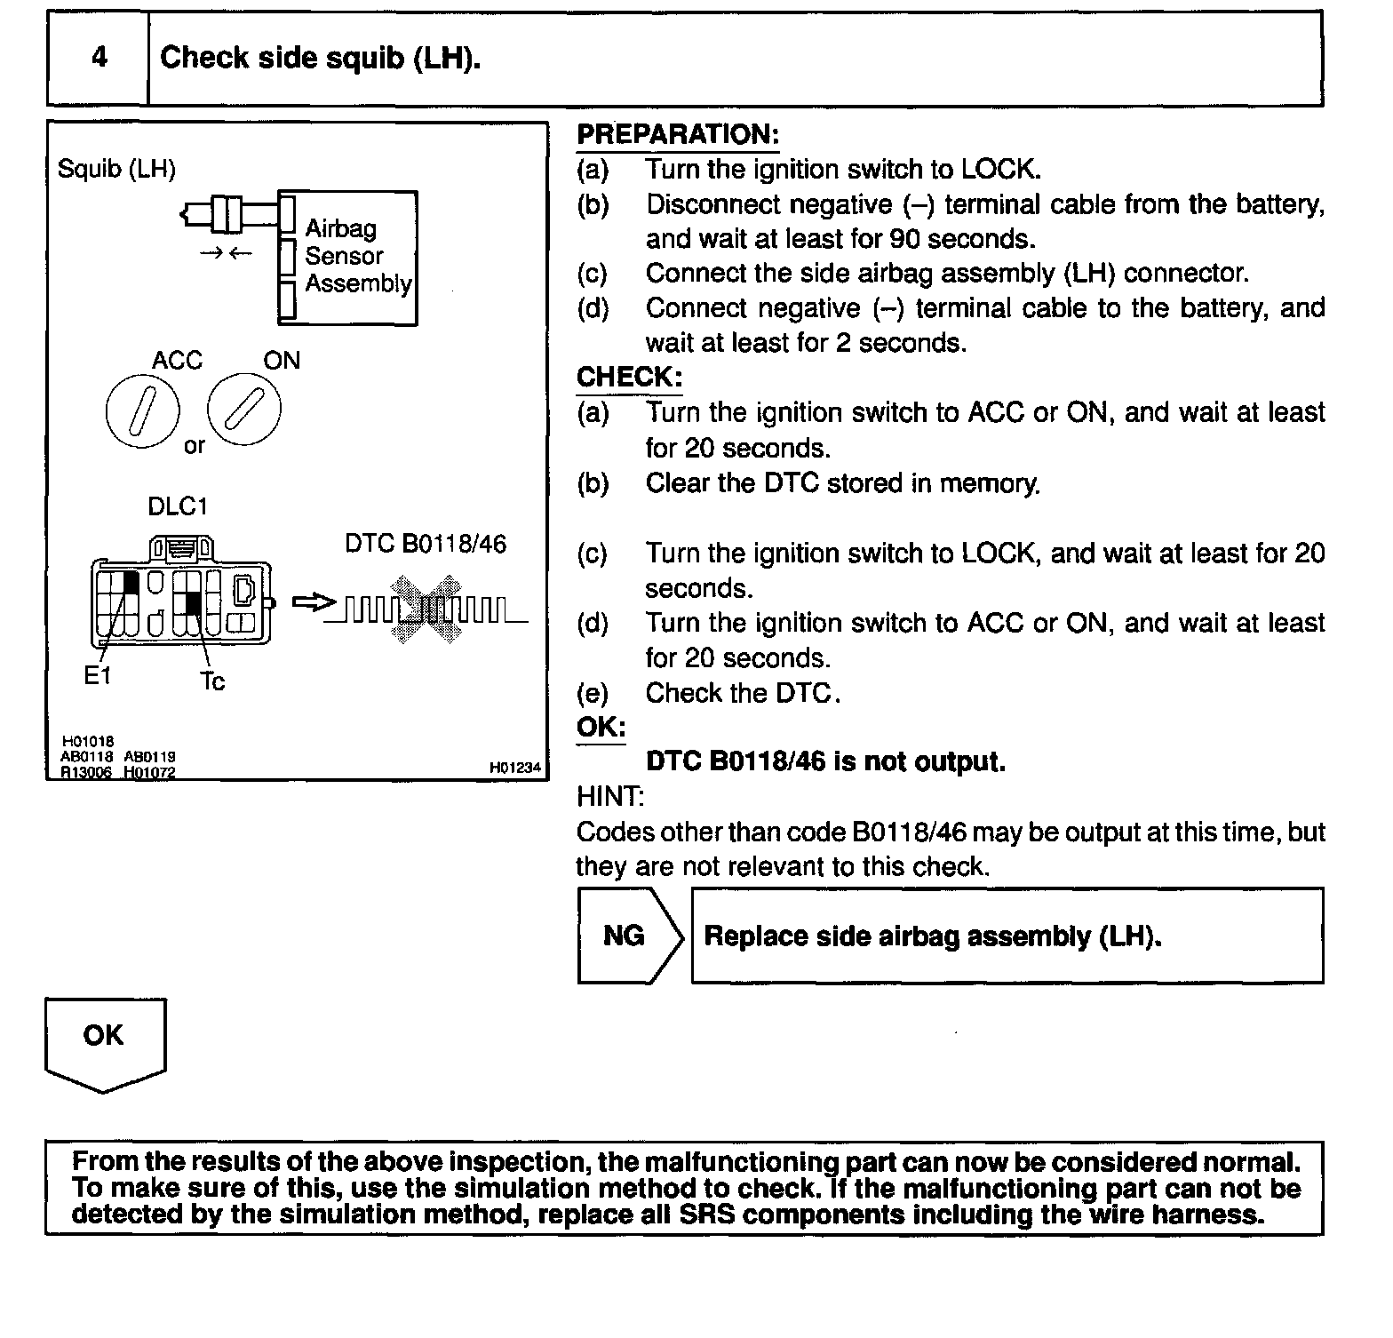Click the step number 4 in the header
[x=99, y=58]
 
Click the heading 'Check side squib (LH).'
[x=320, y=59]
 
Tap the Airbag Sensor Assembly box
[x=348, y=258]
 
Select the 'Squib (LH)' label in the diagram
[x=116, y=169]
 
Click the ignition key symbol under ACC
[x=142, y=410]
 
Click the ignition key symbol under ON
[x=244, y=410]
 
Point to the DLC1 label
[x=178, y=506]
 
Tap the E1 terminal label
[x=97, y=676]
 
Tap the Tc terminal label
[x=212, y=681]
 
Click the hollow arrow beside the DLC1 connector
[x=314, y=603]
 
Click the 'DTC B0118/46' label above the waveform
[x=426, y=544]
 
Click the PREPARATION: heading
[x=678, y=135]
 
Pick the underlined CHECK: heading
[x=629, y=378]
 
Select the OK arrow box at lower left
[x=105, y=1039]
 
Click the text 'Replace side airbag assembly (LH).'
[x=933, y=936]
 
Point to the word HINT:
[x=610, y=797]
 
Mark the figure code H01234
[x=515, y=768]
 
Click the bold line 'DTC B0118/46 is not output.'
[x=825, y=762]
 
